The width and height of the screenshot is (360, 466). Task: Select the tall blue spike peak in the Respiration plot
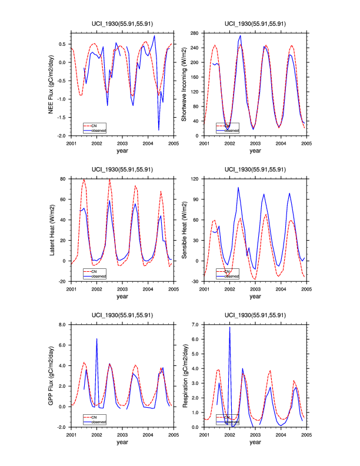tap(229, 327)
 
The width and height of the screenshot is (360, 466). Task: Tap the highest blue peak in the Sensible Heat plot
tap(238, 188)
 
